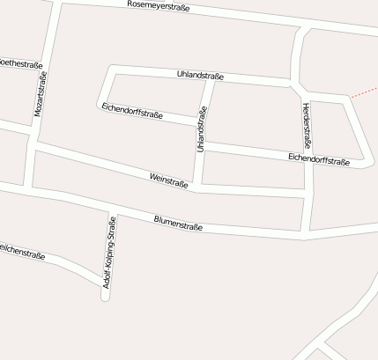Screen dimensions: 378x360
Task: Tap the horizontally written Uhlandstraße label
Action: (200, 77)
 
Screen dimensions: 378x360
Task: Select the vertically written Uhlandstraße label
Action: (202, 129)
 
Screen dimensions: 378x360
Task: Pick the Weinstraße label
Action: (169, 180)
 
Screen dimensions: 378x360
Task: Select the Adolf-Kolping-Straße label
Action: (109, 253)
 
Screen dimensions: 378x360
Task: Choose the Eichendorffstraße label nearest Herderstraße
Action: (319, 158)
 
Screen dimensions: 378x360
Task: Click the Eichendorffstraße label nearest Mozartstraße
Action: (132, 111)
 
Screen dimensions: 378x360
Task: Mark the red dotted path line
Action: (364, 92)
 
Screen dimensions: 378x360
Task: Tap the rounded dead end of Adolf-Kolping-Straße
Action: (106, 297)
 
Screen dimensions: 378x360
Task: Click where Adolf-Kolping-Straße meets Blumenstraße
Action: (112, 212)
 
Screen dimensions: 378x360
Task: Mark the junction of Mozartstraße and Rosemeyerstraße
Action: (56, 4)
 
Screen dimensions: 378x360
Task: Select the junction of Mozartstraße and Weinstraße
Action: (36, 144)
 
